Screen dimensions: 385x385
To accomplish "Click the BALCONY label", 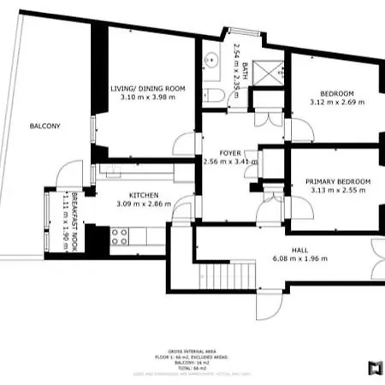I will pyautogui.click(x=44, y=126).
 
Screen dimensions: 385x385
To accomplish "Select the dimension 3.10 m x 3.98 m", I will pyautogui.click(x=147, y=98).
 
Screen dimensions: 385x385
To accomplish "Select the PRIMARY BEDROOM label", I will pyautogui.click(x=338, y=181).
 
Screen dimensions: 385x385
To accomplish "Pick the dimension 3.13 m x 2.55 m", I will pyautogui.click(x=338, y=191).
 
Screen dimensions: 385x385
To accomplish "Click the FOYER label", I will pyautogui.click(x=230, y=152).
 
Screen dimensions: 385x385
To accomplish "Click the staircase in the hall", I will pyautogui.click(x=217, y=277).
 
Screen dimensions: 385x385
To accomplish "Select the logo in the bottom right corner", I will pyautogui.click(x=374, y=369).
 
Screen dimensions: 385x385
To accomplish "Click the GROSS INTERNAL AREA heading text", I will pyautogui.click(x=192, y=350).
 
